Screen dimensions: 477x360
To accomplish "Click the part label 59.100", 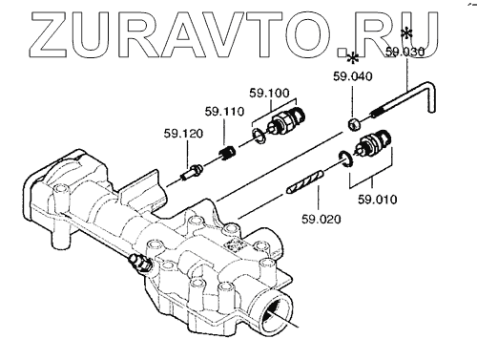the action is coord(269,93).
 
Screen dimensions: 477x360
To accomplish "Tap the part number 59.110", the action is coord(224,112).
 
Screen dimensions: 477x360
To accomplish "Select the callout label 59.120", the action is coord(183,134).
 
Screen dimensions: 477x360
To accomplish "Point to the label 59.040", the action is coord(352,76).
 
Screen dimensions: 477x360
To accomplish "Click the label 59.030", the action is coord(405,52).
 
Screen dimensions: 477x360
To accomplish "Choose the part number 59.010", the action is coord(378,200).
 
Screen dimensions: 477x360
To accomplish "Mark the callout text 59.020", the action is coord(321,219).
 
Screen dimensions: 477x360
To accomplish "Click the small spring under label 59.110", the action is coord(227,153).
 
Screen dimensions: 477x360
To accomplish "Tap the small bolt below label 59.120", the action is coord(192,172).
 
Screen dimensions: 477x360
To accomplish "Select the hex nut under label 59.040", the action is coord(354,124).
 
